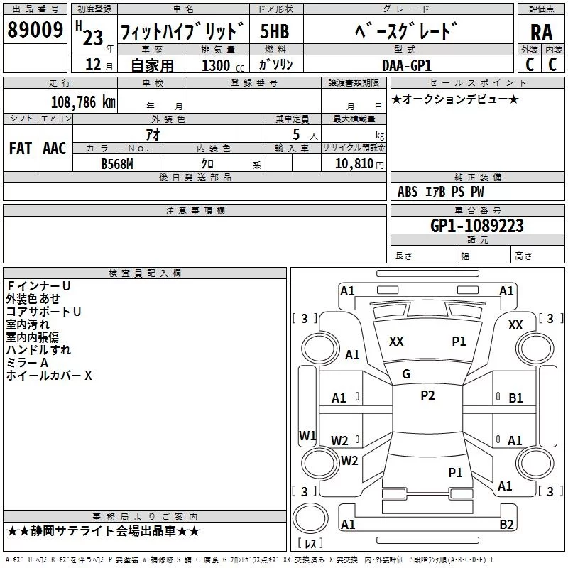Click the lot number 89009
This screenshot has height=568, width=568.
click(35, 29)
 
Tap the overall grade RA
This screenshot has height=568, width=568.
click(541, 33)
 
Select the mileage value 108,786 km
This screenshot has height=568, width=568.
click(83, 102)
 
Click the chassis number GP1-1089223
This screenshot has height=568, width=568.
click(477, 225)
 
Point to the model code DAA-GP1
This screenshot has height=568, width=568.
click(407, 65)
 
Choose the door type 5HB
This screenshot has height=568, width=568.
click(275, 31)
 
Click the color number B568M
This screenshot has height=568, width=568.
click(117, 164)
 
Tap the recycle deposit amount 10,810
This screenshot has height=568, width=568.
click(354, 163)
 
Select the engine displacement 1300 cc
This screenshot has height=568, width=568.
click(223, 65)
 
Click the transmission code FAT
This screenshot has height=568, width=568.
click(21, 148)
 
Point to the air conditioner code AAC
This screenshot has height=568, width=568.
click(55, 148)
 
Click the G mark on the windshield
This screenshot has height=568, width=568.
click(406, 374)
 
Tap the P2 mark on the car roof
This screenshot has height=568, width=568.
click(427, 395)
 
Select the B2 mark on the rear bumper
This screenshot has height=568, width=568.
click(506, 524)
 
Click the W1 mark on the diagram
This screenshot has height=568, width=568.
click(307, 435)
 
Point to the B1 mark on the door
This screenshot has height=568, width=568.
click(515, 398)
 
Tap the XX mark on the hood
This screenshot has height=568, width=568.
click(396, 342)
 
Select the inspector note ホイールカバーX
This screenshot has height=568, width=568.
click(49, 376)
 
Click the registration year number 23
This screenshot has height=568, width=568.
click(93, 38)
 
